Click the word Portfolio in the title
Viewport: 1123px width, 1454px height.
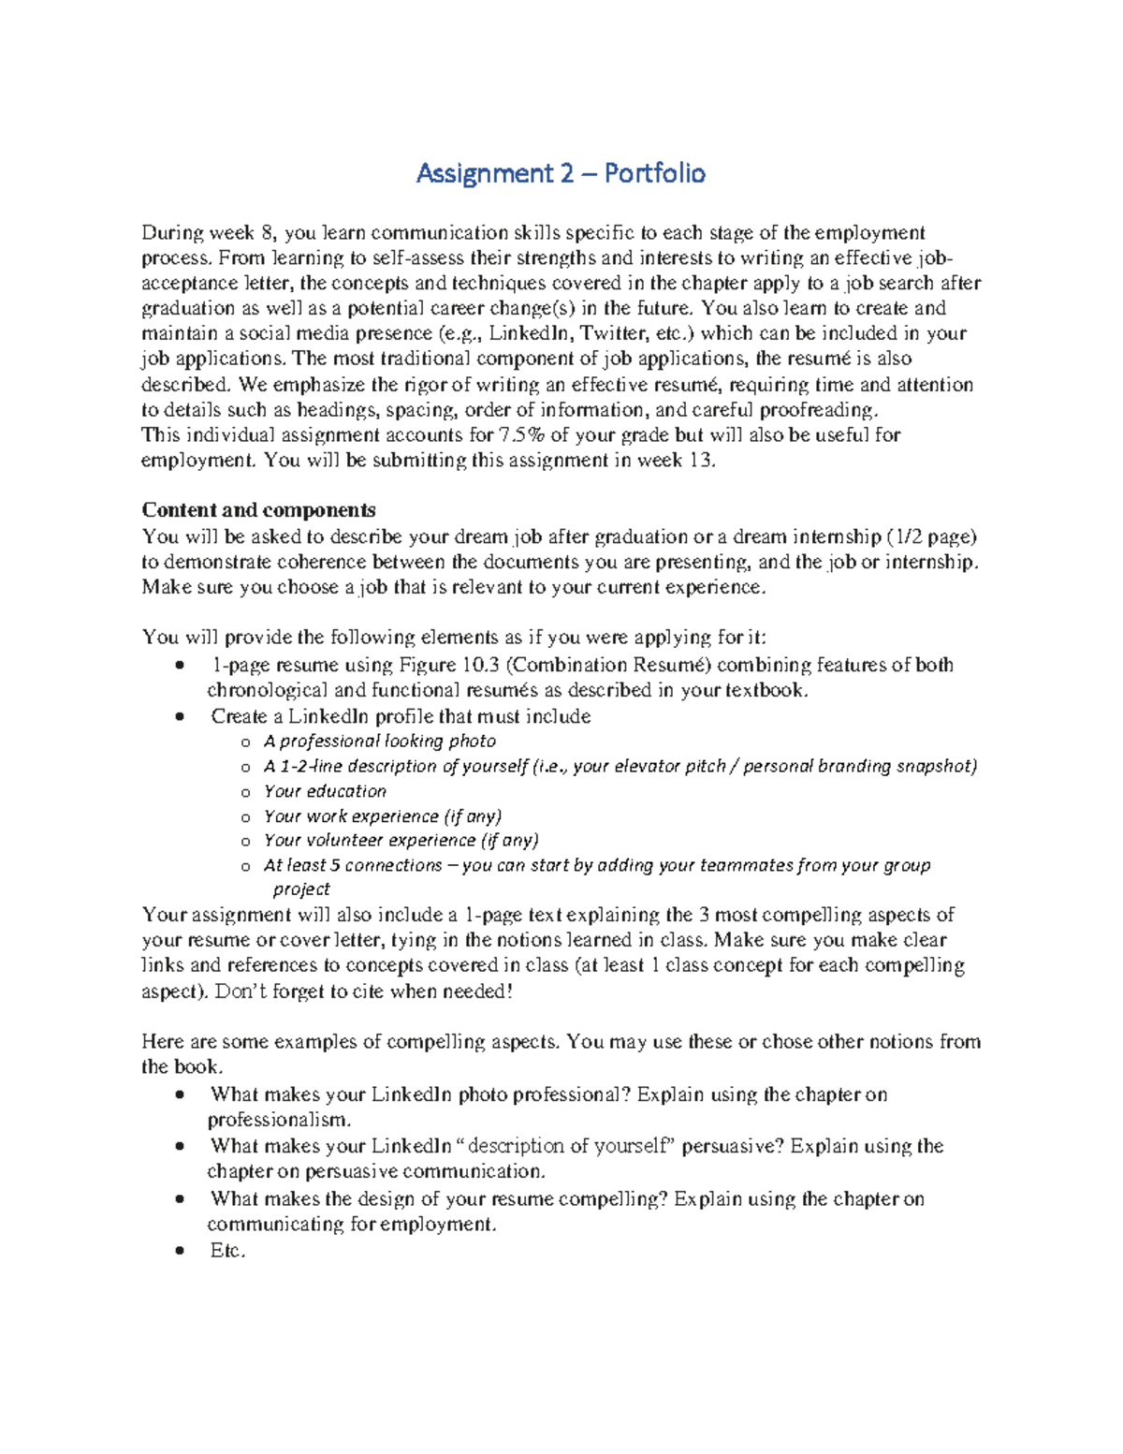pyautogui.click(x=654, y=173)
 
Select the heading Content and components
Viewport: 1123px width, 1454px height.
pyautogui.click(x=258, y=510)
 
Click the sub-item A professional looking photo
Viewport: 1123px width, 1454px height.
pyautogui.click(x=379, y=741)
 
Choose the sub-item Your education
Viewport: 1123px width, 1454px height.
pyautogui.click(x=325, y=791)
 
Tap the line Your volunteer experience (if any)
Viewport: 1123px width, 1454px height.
pyautogui.click(x=401, y=840)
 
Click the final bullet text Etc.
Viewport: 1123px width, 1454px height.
pyautogui.click(x=227, y=1251)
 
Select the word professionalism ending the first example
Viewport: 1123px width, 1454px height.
pyautogui.click(x=279, y=1120)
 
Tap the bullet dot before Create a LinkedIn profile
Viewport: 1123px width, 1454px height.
pyautogui.click(x=180, y=717)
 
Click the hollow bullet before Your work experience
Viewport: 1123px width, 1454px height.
pyautogui.click(x=245, y=817)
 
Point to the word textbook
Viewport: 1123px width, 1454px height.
pyautogui.click(x=759, y=690)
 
